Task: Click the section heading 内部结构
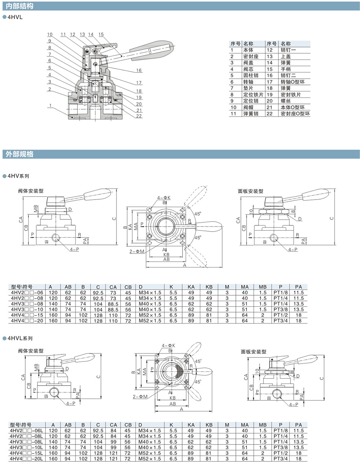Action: (20, 6)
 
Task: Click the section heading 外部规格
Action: (20, 154)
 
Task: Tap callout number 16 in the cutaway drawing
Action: (139, 70)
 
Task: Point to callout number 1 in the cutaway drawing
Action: (51, 106)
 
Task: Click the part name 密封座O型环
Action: (295, 114)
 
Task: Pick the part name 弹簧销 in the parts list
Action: (251, 114)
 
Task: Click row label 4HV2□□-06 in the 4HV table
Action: (27, 293)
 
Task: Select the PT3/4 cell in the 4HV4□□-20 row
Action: (280, 320)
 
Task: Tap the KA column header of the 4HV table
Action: (191, 287)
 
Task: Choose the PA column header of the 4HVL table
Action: (298, 425)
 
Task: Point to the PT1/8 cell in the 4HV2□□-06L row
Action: (280, 430)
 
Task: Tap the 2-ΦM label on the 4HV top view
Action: (136, 251)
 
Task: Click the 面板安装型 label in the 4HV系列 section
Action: (251, 191)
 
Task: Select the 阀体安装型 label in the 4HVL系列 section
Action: (31, 351)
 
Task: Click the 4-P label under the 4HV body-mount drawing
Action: (75, 249)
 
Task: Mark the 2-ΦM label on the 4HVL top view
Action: (140, 397)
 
